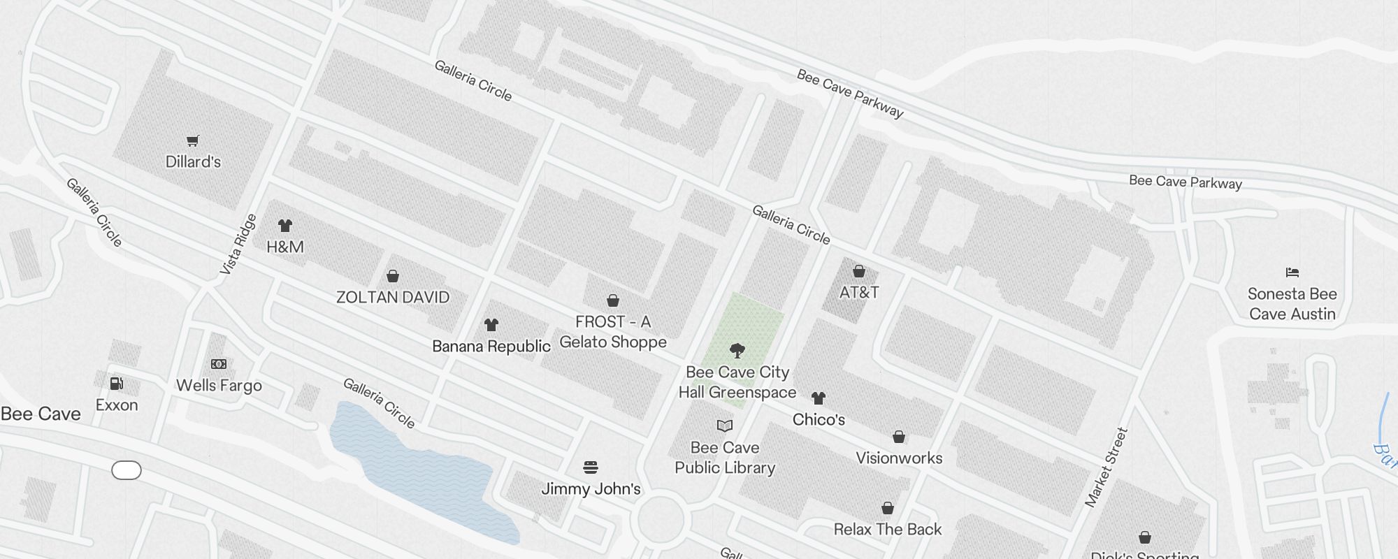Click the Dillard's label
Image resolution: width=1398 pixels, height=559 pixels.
point(193,162)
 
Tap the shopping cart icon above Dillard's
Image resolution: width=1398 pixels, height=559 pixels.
point(193,141)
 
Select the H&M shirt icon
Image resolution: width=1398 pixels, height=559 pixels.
point(285,226)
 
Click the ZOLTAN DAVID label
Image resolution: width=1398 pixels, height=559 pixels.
point(393,298)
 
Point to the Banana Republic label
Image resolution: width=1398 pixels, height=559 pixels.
point(491,347)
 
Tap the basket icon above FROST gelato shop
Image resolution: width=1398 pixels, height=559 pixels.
point(613,300)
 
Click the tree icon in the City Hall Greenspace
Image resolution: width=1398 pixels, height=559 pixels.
point(737,351)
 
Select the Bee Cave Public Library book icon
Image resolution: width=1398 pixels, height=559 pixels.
point(725,426)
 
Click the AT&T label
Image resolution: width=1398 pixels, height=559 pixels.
point(859,293)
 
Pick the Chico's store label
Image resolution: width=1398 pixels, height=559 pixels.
point(819,420)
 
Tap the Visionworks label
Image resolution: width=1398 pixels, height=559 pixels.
point(899,458)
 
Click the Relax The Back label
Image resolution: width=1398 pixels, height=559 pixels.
point(888,530)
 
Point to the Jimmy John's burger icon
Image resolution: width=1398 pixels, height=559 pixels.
point(591,467)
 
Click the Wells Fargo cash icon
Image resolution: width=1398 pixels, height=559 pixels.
point(219,364)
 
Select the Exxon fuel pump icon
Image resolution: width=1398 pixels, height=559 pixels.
point(117,384)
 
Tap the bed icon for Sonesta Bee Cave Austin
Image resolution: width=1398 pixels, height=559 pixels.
point(1292,273)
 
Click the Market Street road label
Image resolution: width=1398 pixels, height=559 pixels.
point(1107,467)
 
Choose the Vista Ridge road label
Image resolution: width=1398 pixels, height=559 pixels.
point(238,244)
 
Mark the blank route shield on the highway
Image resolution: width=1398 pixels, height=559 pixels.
point(127,471)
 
